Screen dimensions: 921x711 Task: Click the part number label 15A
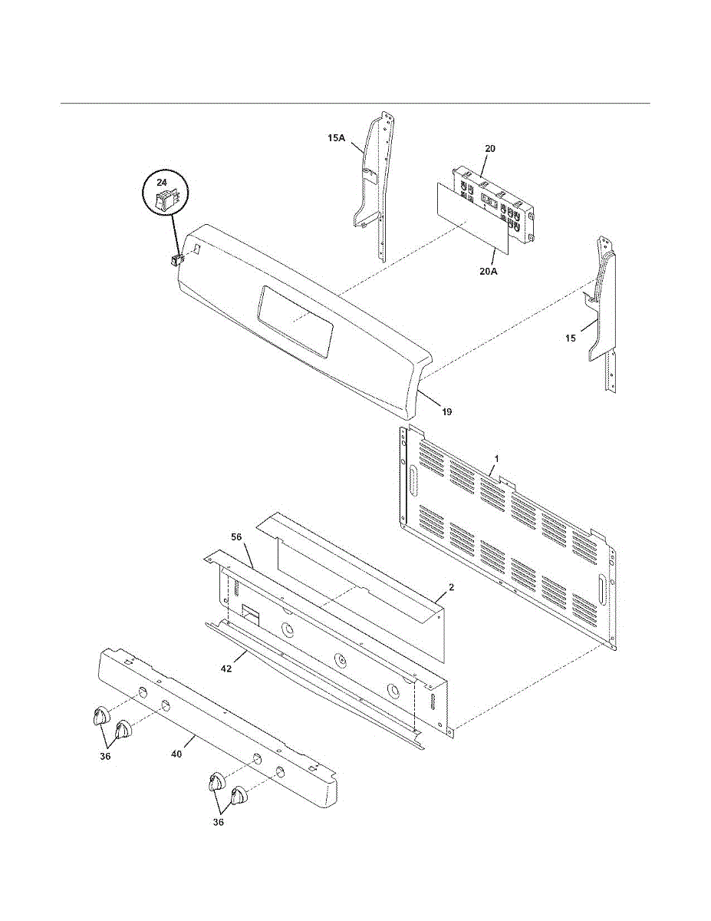(x=337, y=138)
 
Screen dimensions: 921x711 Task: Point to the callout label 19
(x=446, y=412)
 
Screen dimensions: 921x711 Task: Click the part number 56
(x=236, y=536)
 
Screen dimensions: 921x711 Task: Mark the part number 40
(x=176, y=754)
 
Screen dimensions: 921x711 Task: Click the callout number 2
(x=452, y=587)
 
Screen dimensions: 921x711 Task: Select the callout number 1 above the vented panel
(x=496, y=458)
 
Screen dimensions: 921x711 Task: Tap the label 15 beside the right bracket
(x=570, y=338)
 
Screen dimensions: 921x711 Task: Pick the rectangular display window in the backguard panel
(x=295, y=319)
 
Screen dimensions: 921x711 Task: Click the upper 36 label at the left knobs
(x=105, y=757)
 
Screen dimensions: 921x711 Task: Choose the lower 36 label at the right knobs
(x=219, y=823)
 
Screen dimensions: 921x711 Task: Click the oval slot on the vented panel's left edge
(x=413, y=480)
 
